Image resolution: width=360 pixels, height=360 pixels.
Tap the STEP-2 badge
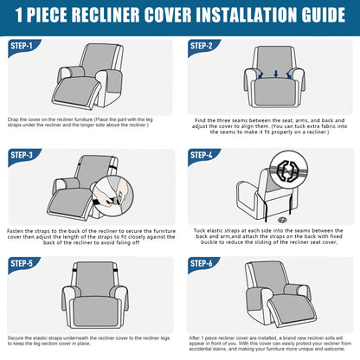tap(202, 46)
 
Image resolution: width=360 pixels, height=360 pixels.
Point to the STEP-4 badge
tap(202, 155)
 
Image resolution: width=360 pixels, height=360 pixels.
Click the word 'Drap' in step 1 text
tap(15, 119)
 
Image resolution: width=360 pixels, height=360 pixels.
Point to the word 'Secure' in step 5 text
tap(17, 337)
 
